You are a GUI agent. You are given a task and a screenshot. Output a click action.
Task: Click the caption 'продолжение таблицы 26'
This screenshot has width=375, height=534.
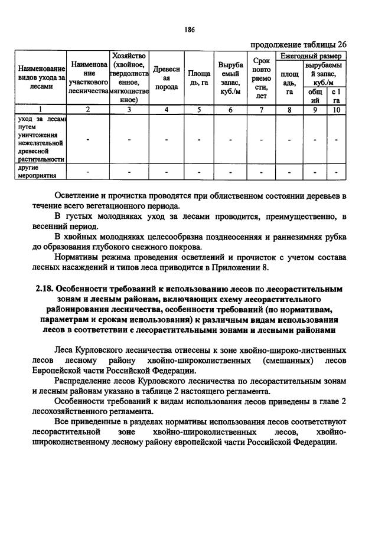coord(298,44)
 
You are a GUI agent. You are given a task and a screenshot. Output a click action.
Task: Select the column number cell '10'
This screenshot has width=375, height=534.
coord(337,109)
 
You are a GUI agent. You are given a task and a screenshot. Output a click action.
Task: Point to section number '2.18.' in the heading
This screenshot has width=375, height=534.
coord(47,290)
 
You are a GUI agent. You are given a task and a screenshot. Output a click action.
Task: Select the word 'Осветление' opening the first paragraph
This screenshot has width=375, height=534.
coord(80,195)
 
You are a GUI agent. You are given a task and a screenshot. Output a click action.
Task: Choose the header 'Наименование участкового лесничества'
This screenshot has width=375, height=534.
coord(88,77)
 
